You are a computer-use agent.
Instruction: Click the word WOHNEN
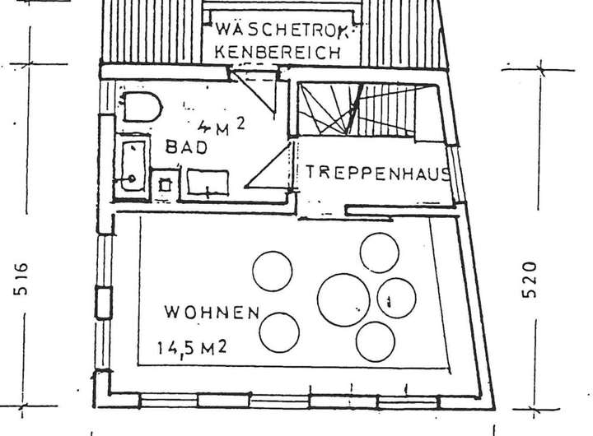click(x=212, y=313)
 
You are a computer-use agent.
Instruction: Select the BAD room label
click(x=187, y=147)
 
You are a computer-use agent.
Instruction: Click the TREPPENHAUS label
click(x=378, y=173)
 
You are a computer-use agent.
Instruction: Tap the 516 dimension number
click(x=22, y=280)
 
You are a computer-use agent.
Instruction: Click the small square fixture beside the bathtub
click(x=165, y=185)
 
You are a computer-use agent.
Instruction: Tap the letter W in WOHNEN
click(x=170, y=313)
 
